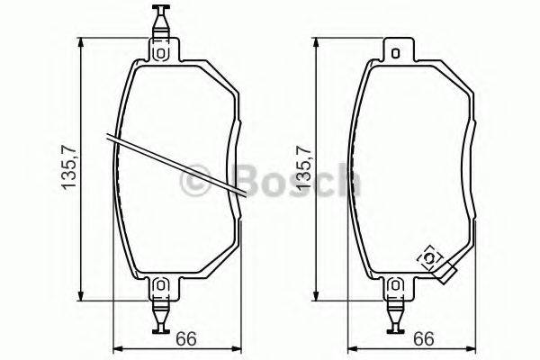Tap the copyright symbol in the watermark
click(196, 182)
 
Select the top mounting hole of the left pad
click(161, 51)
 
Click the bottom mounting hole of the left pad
click(161, 285)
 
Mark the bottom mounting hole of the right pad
click(395, 286)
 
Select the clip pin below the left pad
click(161, 314)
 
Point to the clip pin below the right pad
click(395, 315)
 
